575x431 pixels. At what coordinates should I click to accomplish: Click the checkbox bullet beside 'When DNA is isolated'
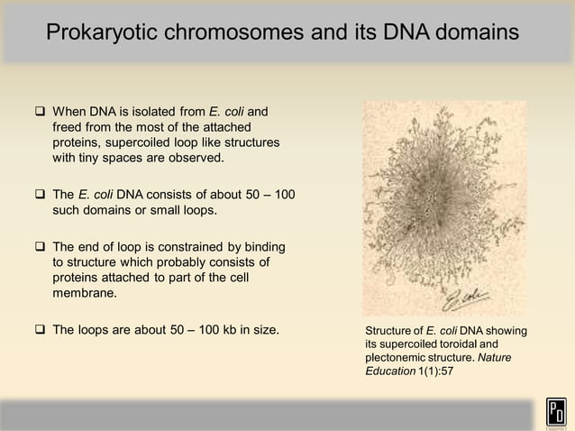[x=41, y=113]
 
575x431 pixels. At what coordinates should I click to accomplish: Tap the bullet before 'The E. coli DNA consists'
[x=41, y=196]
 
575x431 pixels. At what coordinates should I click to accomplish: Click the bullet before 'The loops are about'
[x=41, y=330]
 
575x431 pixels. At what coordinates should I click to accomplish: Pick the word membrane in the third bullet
[x=87, y=294]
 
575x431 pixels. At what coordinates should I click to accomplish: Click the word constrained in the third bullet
[x=184, y=247]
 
